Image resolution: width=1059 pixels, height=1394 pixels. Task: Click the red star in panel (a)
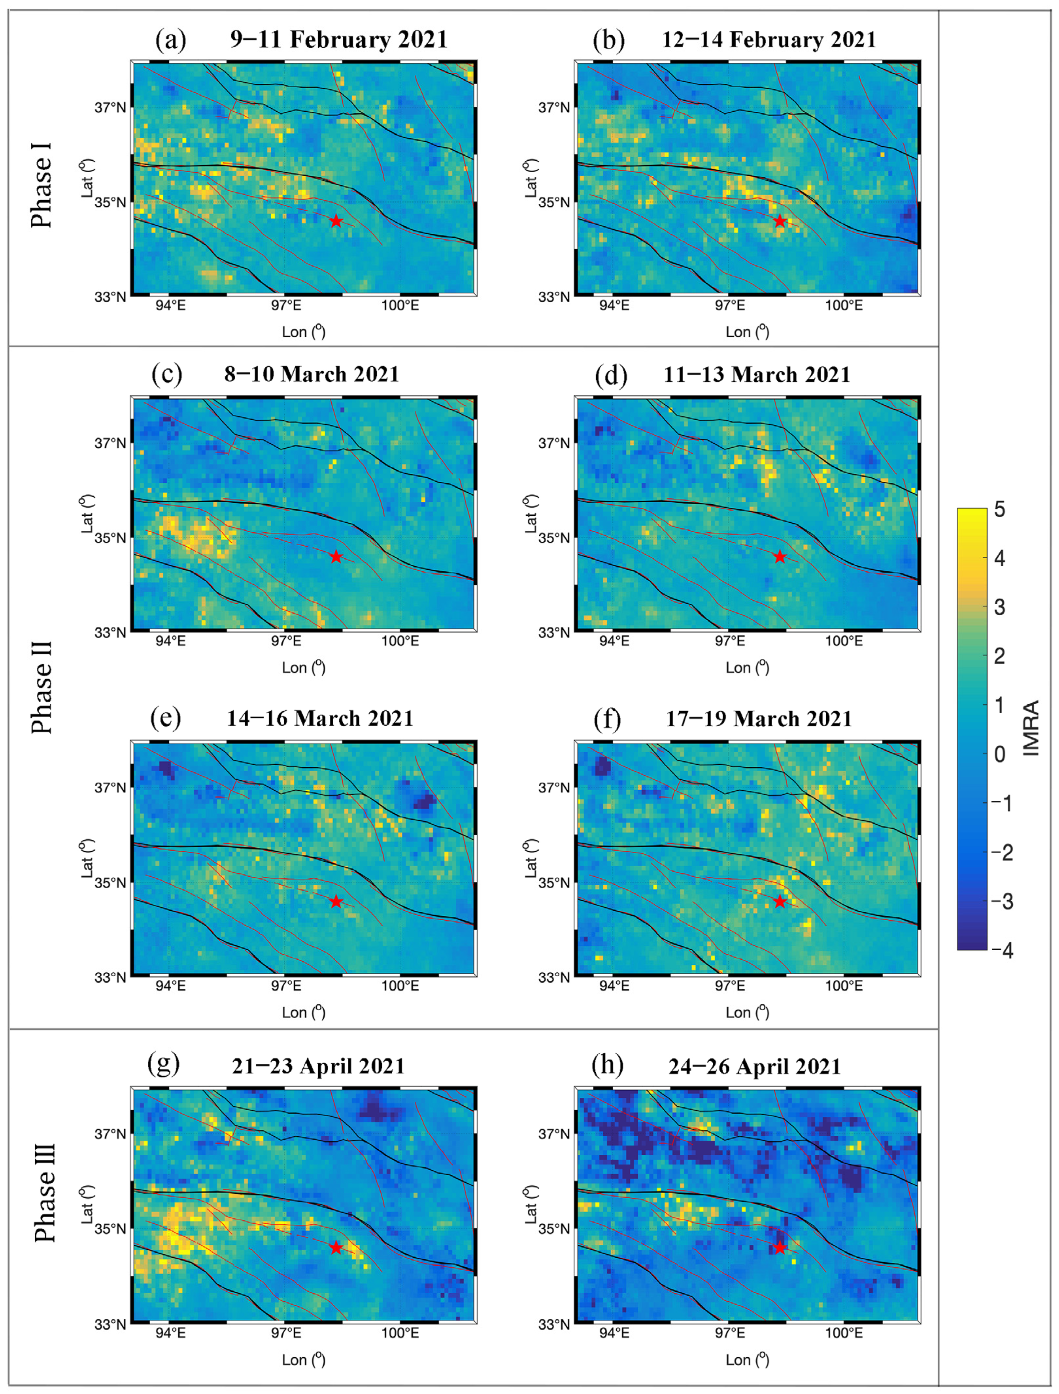click(x=336, y=221)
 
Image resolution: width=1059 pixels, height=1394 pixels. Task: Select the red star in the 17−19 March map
click(x=780, y=902)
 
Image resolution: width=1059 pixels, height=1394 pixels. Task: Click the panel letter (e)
click(x=166, y=718)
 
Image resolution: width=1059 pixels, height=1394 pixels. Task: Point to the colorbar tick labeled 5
click(x=999, y=509)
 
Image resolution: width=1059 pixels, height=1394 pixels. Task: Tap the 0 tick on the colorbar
click(x=999, y=754)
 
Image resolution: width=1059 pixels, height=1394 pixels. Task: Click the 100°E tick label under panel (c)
click(x=400, y=641)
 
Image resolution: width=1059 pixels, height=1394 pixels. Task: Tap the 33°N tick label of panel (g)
click(x=110, y=1324)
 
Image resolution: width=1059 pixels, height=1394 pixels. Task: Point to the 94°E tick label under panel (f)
click(x=613, y=985)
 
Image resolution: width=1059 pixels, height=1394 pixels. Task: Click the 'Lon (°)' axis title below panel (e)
click(x=303, y=1012)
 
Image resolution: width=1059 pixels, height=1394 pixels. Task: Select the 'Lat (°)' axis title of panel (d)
click(x=530, y=513)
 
